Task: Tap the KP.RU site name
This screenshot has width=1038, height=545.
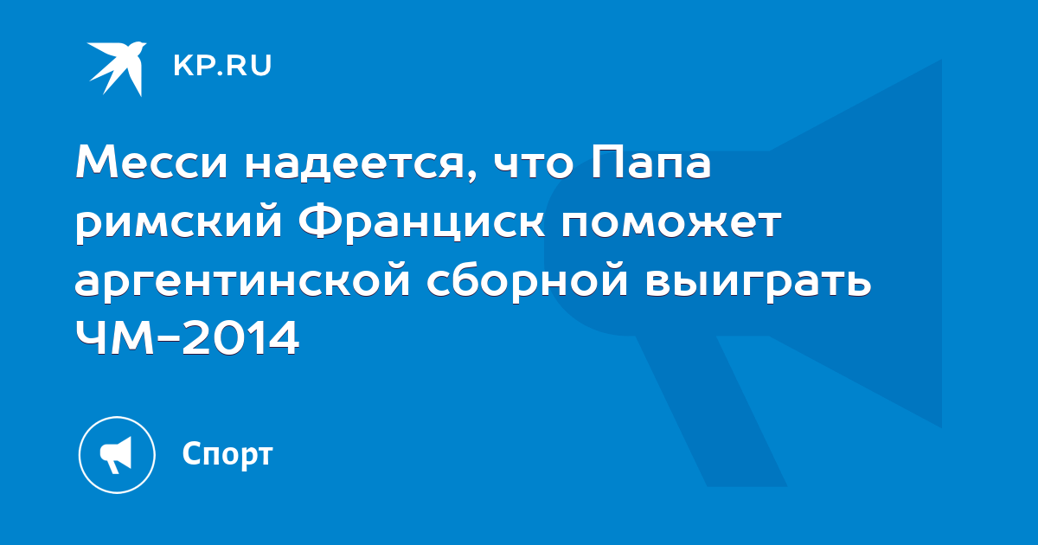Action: point(222,66)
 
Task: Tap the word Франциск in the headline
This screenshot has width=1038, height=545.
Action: point(421,222)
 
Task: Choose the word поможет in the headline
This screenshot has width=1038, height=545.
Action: point(671,223)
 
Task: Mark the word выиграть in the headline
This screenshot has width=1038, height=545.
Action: point(758,283)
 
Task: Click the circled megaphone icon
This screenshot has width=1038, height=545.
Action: point(117,455)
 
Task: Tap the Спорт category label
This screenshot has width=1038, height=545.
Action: point(227,455)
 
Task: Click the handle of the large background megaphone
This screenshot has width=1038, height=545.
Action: point(712,410)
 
